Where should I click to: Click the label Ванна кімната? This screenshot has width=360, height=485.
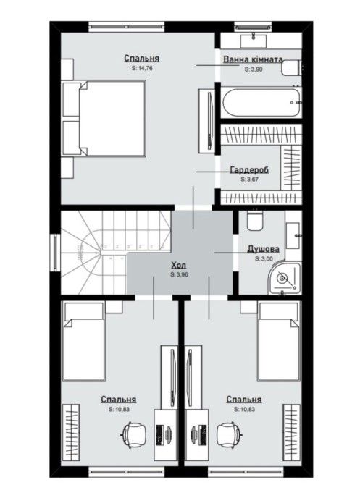pyautogui.click(x=253, y=59)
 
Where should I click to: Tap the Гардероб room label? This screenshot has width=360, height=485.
pyautogui.click(x=249, y=170)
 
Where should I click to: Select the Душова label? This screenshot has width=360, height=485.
pyautogui.click(x=263, y=249)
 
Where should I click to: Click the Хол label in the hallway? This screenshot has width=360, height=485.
pyautogui.click(x=179, y=265)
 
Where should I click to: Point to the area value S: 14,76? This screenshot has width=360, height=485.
pyautogui.click(x=142, y=68)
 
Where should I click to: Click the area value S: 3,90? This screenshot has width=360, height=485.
pyautogui.click(x=254, y=69)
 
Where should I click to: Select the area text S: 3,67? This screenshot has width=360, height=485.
pyautogui.click(x=249, y=179)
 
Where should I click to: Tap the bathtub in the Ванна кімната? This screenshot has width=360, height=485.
pyautogui.click(x=261, y=103)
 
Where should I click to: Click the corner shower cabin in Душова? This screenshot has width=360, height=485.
pyautogui.click(x=285, y=278)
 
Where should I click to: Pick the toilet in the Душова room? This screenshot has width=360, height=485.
pyautogui.click(x=255, y=220)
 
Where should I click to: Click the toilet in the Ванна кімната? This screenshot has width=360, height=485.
pyautogui.click(x=291, y=68)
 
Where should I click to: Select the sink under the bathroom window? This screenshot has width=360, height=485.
pyautogui.click(x=254, y=41)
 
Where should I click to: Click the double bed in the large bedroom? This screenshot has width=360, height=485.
pyautogui.click(x=104, y=118)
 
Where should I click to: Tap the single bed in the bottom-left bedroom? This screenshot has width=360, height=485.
pyautogui.click(x=83, y=341)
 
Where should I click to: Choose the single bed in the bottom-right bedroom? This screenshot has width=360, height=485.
pyautogui.click(x=279, y=341)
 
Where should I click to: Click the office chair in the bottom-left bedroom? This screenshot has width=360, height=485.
pyautogui.click(x=134, y=435)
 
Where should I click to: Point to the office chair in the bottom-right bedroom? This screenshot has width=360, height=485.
pyautogui.click(x=229, y=435)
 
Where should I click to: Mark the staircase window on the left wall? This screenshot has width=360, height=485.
pyautogui.click(x=56, y=252)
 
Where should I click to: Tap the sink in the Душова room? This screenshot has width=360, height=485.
pyautogui.click(x=293, y=235)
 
